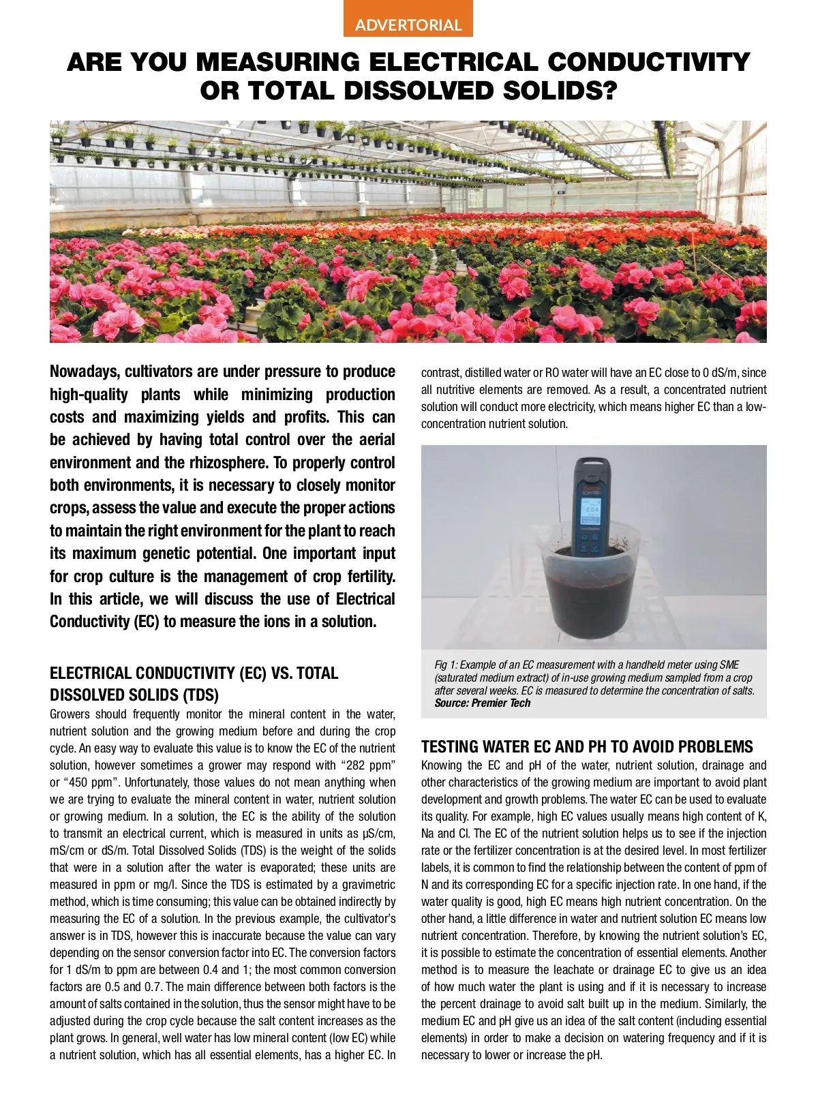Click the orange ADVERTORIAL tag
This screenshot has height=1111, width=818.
pos(408,25)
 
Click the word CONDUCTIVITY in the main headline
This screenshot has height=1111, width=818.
pos(648,62)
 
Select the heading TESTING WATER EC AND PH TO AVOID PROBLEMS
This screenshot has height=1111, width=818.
pos(587,746)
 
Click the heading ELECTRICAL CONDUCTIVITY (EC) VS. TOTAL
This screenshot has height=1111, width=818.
pos(194,673)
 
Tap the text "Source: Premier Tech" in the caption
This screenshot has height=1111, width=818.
pos(482,703)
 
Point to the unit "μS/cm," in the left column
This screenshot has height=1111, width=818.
pos(376,834)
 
